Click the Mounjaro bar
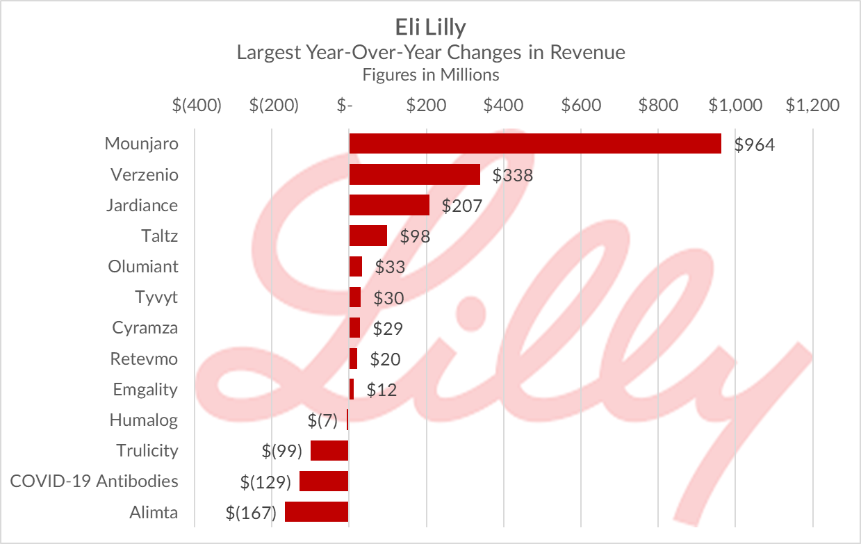click(x=534, y=144)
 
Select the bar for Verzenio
click(x=414, y=174)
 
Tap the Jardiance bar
click(x=388, y=205)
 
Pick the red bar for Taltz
click(x=368, y=236)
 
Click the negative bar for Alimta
click(x=316, y=512)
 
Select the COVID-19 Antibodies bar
click(x=323, y=481)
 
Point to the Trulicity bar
click(x=329, y=451)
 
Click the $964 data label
click(x=754, y=145)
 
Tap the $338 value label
click(x=512, y=175)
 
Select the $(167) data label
click(x=251, y=513)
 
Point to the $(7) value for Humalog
click(x=322, y=420)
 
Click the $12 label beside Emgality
click(x=382, y=390)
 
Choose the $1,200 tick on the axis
click(x=812, y=106)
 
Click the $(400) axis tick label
click(x=197, y=106)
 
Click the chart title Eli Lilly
click(x=430, y=27)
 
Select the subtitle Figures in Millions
click(x=430, y=74)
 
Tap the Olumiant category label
click(x=142, y=267)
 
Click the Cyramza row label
click(x=145, y=328)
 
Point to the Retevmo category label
click(x=143, y=358)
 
